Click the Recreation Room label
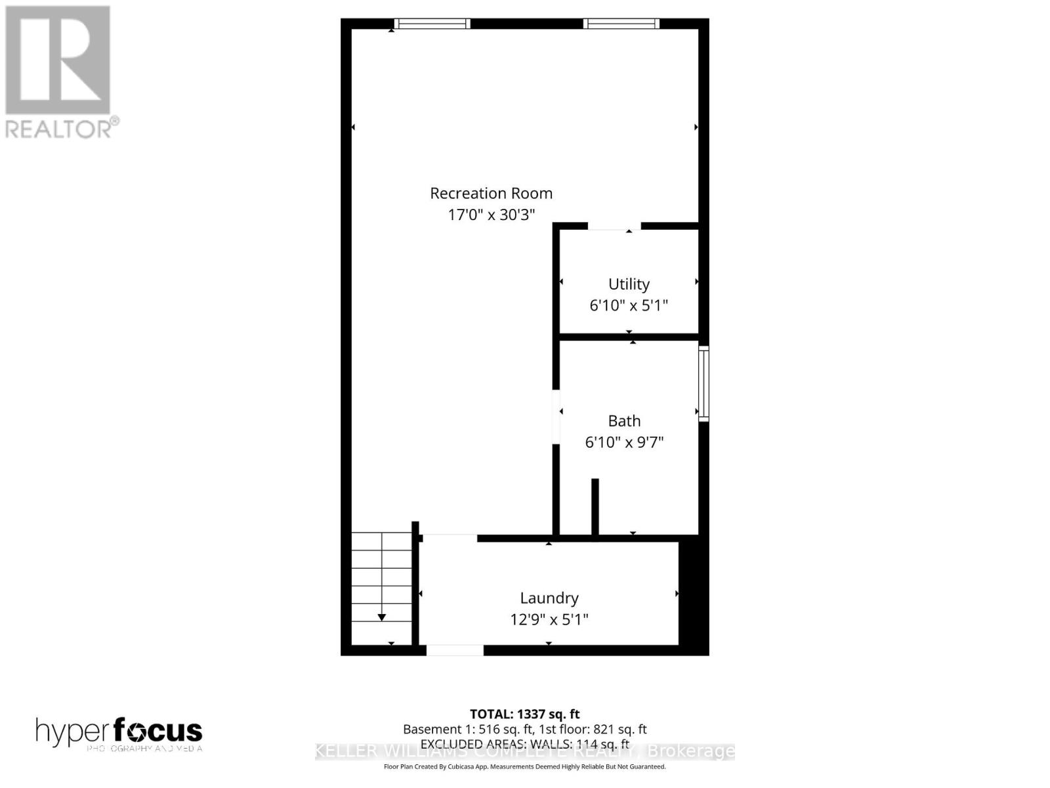(x=491, y=193)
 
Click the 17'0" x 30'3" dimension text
(x=491, y=215)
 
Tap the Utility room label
(x=629, y=284)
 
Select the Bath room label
(x=624, y=421)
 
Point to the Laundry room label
(x=549, y=598)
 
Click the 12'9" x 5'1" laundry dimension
(x=549, y=619)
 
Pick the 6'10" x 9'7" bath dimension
(x=624, y=442)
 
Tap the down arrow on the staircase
(x=381, y=617)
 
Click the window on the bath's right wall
(x=703, y=383)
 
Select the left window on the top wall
(x=432, y=24)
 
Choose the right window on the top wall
(x=621, y=24)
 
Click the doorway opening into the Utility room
(x=614, y=227)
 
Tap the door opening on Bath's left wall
(x=556, y=417)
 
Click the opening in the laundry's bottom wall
(x=455, y=650)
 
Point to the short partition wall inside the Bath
(x=595, y=506)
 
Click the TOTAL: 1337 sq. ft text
(x=524, y=714)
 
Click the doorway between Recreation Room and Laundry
(x=450, y=538)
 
